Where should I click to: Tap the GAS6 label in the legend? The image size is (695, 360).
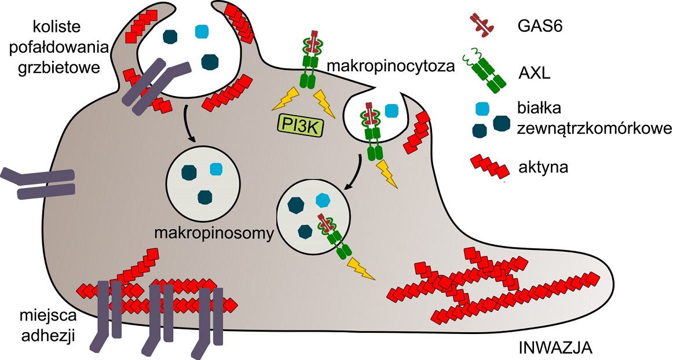point(536,25)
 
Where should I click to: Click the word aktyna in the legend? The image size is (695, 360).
point(543,167)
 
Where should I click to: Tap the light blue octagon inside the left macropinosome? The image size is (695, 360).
point(215,169)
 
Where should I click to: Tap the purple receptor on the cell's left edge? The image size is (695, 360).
point(38,181)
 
